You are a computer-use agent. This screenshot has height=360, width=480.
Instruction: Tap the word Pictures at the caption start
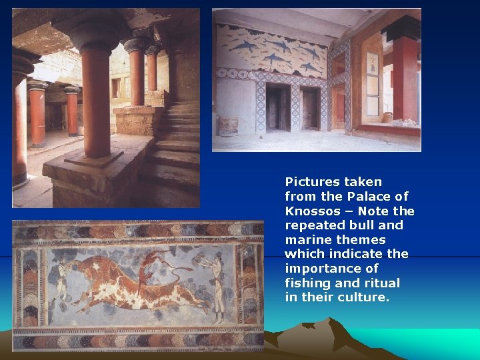pyautogui.click(x=313, y=182)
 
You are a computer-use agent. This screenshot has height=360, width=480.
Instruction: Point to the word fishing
pyautogui.click(x=309, y=283)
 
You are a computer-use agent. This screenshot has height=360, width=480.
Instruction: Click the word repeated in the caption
pyautogui.click(x=313, y=225)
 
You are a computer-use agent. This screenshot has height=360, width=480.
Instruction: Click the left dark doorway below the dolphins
pyautogui.click(x=277, y=106)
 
